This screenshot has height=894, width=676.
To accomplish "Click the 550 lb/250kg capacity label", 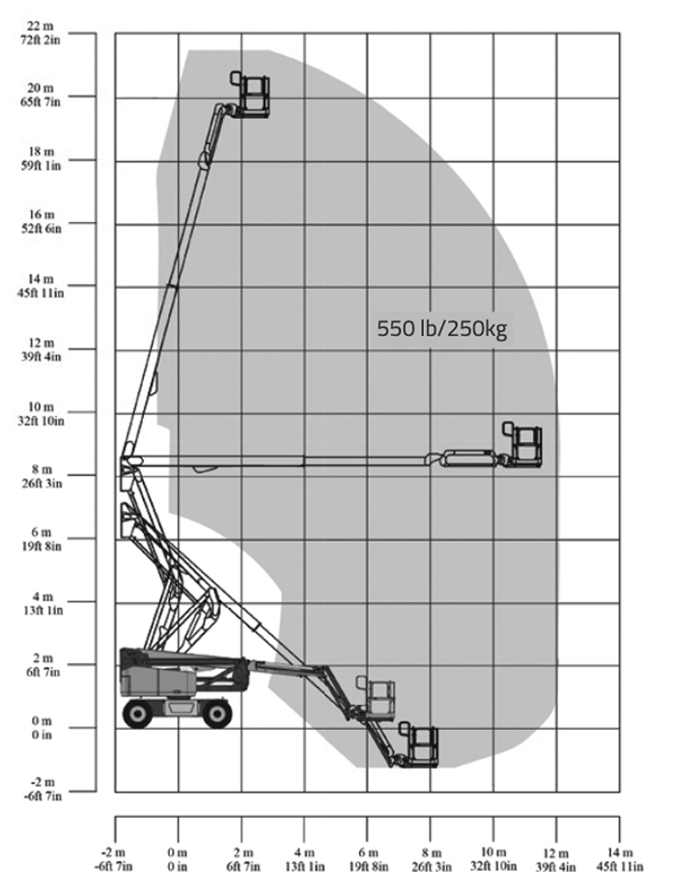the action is point(441,329).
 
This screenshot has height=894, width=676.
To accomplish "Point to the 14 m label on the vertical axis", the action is point(42,279).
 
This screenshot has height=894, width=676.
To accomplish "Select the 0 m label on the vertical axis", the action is point(42,721).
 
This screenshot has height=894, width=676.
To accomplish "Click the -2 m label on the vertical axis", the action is point(42,782).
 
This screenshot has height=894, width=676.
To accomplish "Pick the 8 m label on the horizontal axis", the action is point(432,853).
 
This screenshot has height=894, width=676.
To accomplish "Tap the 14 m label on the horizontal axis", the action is point(620,853).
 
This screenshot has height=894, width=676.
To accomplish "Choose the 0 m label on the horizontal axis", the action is point(177,853).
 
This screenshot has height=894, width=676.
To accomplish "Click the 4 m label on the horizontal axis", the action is point(304,853).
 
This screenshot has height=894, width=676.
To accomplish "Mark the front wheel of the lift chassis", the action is point(217,713).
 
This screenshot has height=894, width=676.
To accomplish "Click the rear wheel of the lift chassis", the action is point(138,713).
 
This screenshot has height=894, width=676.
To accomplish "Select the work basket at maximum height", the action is point(250,95).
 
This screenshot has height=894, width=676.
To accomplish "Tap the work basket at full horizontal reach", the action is point(521,445).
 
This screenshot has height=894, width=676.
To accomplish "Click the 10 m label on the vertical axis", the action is point(42,407).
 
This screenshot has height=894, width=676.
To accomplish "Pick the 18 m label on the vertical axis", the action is point(42,153).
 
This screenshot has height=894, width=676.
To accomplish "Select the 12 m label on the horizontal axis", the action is point(556,853).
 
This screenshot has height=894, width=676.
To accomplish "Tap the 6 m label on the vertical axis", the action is point(42,533).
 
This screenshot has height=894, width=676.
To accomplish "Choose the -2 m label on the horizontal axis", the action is point(113,853).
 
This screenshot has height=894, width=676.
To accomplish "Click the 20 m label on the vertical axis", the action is point(41,89).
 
